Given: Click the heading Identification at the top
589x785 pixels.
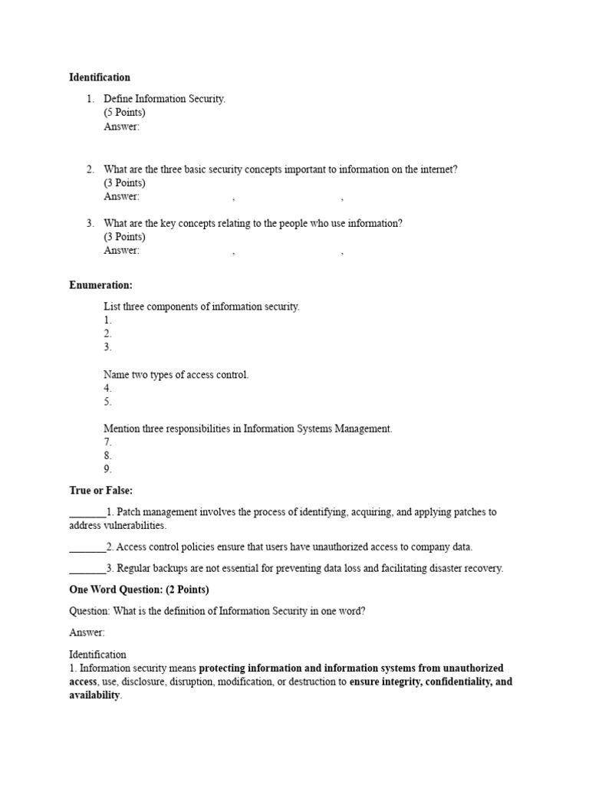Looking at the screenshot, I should click(100, 77).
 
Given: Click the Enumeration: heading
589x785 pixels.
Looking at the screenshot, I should click(101, 285).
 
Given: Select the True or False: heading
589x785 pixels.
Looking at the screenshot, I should click(101, 491).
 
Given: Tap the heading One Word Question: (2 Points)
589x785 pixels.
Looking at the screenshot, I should click(139, 590).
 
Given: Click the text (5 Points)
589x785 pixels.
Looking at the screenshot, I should click(125, 113).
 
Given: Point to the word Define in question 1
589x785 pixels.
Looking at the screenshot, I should click(119, 100).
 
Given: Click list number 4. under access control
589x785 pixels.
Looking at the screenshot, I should click(108, 389).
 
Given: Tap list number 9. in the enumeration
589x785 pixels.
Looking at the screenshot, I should click(108, 469).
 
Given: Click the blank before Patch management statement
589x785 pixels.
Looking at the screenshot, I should click(87, 512).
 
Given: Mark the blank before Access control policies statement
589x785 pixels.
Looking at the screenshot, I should click(87, 547).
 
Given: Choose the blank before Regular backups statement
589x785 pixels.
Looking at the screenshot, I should click(87, 569).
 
